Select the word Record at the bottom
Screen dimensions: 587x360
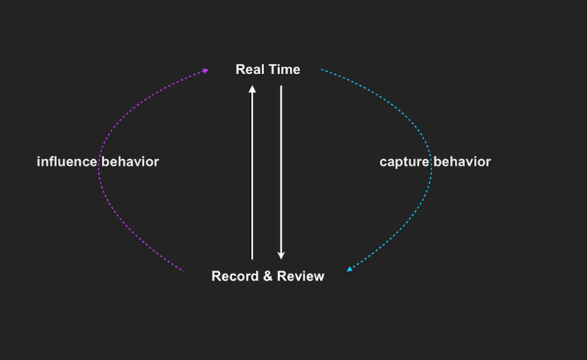235,276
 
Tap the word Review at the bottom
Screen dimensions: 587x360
301,276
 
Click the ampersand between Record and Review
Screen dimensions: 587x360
268,276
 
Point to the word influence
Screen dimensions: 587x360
67,161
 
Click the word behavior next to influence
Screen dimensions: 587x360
131,161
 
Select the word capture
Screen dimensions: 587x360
404,162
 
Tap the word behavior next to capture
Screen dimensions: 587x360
462,161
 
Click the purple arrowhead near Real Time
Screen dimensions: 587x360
205,70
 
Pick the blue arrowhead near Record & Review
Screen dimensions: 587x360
350,268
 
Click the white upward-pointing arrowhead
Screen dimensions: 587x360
252,89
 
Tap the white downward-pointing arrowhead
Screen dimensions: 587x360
281,256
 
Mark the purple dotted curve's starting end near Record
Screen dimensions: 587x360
183,271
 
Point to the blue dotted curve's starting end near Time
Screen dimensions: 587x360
321,70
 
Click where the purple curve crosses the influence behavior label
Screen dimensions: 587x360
99,161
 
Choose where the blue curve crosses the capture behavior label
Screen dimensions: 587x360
431,161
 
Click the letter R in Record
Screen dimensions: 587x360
216,276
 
